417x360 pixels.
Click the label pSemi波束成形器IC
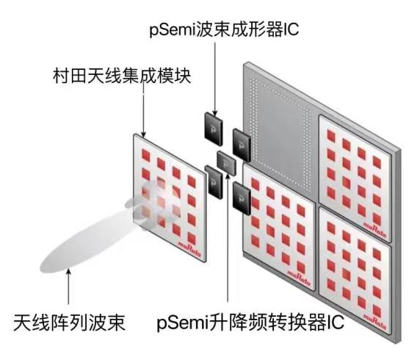tap(224, 30)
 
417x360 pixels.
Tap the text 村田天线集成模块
tap(122, 76)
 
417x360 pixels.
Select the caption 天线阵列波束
tap(70, 323)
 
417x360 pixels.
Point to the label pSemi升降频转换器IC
tap(250, 323)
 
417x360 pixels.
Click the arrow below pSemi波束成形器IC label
tap(215, 79)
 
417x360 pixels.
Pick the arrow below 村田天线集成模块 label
tap(144, 111)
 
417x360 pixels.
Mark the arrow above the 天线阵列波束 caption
tap(69, 287)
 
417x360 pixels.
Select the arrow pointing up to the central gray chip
tap(228, 237)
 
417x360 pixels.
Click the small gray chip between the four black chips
tap(226, 163)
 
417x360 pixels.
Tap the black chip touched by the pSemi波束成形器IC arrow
tap(214, 129)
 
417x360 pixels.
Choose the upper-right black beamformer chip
tap(242, 145)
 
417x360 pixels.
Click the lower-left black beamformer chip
tap(214, 181)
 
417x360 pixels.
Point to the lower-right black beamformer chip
tap(242, 198)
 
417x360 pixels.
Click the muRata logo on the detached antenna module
tap(189, 249)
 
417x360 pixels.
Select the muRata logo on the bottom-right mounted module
tap(374, 322)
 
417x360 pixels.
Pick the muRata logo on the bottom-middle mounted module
tap(299, 278)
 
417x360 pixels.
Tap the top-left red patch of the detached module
tap(146, 155)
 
